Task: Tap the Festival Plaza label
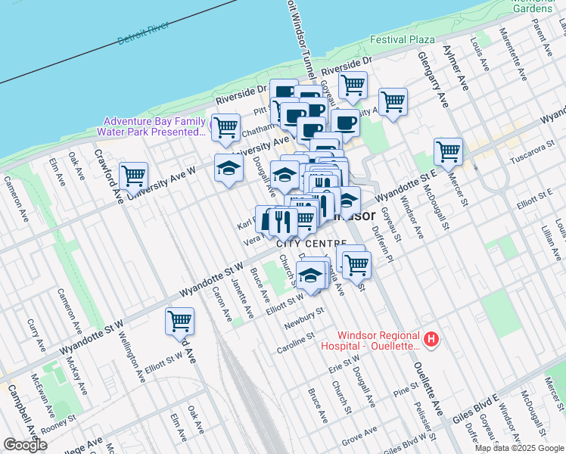402,39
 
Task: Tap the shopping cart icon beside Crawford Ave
134,176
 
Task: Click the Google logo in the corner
25,445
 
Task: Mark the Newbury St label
303,316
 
